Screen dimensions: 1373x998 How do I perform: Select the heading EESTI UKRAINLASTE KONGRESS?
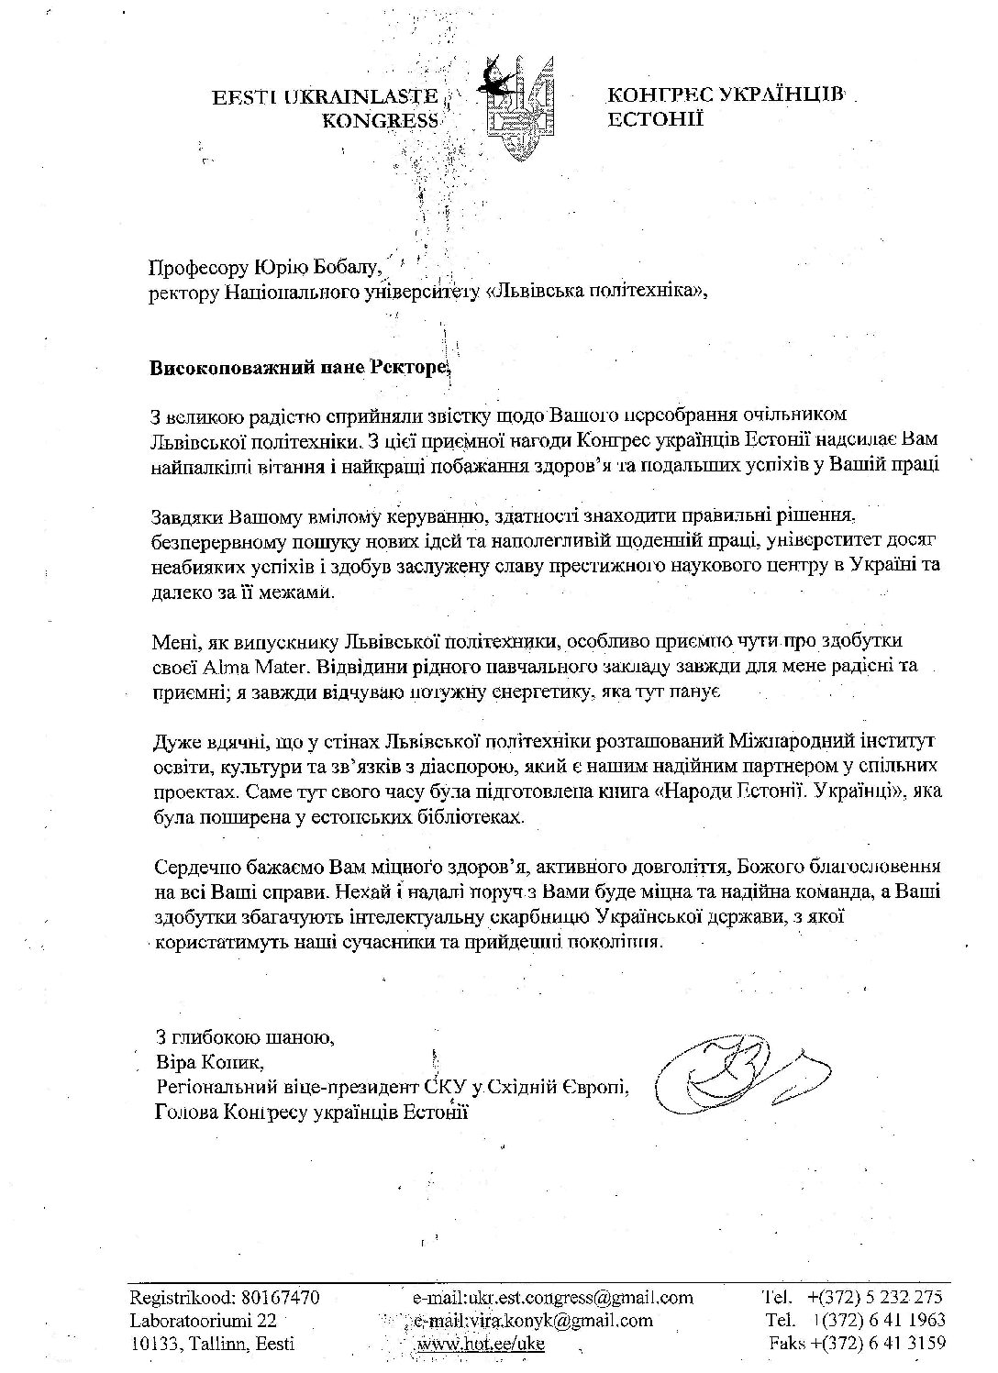[x=326, y=109]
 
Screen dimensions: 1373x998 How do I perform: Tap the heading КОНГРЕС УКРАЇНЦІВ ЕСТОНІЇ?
[x=725, y=105]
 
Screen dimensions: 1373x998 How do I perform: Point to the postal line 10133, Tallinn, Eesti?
[x=213, y=1344]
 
